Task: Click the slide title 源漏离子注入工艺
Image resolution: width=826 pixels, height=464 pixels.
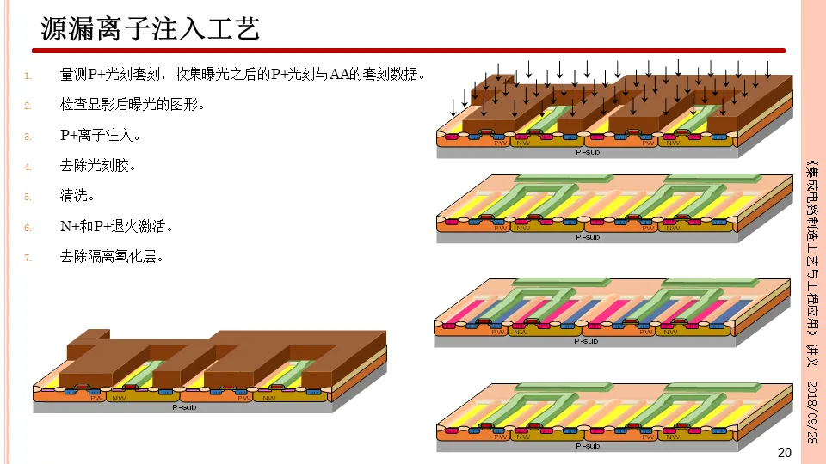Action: click(x=151, y=29)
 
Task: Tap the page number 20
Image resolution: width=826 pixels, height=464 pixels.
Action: click(x=783, y=453)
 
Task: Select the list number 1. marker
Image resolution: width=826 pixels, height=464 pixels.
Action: click(x=28, y=76)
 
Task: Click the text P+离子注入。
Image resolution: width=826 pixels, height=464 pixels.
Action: click(x=100, y=136)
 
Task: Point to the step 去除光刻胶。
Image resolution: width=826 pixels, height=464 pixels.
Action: click(x=98, y=166)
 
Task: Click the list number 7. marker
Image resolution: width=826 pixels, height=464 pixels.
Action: click(x=28, y=258)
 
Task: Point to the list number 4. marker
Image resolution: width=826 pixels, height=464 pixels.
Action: click(x=28, y=167)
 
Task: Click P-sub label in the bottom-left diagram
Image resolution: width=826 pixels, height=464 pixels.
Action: click(x=183, y=406)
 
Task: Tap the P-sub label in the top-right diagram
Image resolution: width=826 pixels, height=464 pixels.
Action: click(x=587, y=151)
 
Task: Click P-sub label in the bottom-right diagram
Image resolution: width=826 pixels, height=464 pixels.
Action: click(x=587, y=445)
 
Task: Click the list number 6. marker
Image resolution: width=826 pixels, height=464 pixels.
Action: click(x=28, y=228)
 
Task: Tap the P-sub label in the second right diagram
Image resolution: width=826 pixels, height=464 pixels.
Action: click(x=587, y=236)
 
